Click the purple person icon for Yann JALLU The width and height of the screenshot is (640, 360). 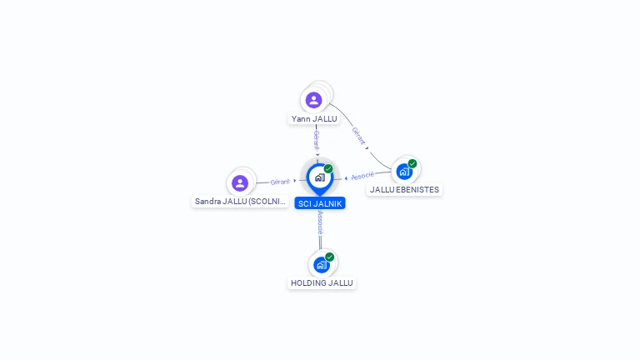(x=313, y=100)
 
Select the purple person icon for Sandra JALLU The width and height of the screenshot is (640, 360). (x=240, y=182)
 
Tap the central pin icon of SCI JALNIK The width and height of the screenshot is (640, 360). (x=319, y=177)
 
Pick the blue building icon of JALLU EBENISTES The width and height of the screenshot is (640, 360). (x=404, y=172)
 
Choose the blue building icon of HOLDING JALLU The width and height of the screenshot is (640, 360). (x=321, y=265)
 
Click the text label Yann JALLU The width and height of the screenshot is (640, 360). (x=314, y=119)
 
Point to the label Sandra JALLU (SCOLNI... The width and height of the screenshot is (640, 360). (x=241, y=202)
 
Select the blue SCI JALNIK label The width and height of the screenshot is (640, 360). (x=319, y=203)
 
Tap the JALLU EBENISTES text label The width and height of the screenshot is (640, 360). (x=404, y=190)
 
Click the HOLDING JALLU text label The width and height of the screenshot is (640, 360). (x=322, y=283)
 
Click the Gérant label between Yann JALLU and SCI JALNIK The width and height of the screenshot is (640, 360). (x=317, y=139)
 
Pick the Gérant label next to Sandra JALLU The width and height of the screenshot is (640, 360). (x=280, y=182)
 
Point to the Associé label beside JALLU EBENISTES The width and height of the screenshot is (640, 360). (x=362, y=176)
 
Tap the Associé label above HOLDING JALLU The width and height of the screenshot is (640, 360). (x=320, y=222)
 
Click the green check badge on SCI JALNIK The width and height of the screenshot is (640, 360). (x=328, y=169)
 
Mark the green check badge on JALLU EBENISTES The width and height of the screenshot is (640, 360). (x=412, y=163)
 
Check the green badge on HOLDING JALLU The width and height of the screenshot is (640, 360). (x=330, y=257)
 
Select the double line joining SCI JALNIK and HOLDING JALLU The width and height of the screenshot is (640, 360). (x=320, y=242)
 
